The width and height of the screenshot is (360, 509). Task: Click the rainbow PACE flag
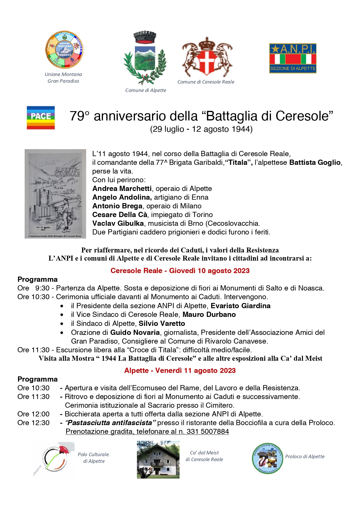coord(41,118)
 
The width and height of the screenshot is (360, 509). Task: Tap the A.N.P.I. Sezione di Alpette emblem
coord(292,58)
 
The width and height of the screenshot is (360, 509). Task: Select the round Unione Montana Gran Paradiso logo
coord(64,50)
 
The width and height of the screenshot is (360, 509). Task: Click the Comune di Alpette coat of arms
coord(145,58)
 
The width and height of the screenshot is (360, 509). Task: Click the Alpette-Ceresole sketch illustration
coord(55,194)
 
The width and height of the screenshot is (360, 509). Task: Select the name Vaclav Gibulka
coord(118,223)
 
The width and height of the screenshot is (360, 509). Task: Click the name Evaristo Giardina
coord(240,306)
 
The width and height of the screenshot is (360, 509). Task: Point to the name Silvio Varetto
coord(162,324)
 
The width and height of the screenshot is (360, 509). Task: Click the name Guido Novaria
coord(135,333)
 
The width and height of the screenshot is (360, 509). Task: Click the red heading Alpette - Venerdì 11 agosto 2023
coord(180,371)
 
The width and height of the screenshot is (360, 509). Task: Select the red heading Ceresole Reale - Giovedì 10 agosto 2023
coord(180,271)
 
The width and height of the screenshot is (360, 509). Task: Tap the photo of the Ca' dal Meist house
coord(158,460)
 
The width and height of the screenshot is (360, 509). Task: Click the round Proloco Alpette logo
coord(267,458)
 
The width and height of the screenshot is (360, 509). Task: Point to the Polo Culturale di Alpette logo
coord(54,459)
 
